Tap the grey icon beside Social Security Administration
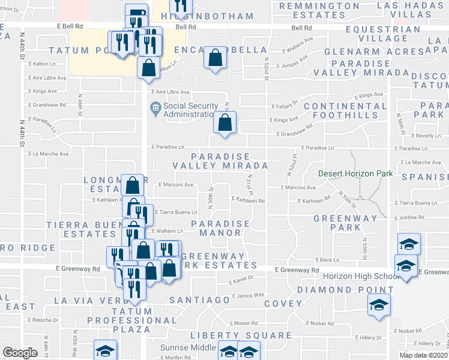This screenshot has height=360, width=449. coord(155,108)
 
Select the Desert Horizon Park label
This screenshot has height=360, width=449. coord(355,174)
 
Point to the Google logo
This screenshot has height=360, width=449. coord(20,353)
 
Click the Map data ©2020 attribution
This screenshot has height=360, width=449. coord(424,355)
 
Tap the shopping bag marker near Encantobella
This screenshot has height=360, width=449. coord(215,58)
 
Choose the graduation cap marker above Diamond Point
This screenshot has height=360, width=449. coord(379,305)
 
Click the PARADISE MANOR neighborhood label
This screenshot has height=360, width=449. coord(220,228)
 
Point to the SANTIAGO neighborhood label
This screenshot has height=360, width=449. coord(200,299)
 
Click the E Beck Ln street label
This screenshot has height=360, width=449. coord(327,259)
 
